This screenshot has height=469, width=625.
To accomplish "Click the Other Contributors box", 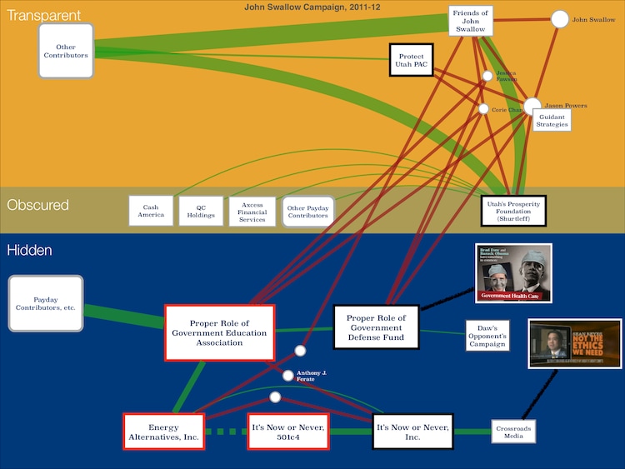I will tap(66, 51).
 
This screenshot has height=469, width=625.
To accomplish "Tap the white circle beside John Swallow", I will tap(560, 19).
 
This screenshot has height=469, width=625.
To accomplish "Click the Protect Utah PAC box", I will tap(412, 60).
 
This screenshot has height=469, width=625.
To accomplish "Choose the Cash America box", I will tap(151, 211).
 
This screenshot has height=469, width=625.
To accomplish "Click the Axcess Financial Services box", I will tap(252, 211).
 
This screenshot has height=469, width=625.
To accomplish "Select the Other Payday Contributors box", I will tap(307, 211).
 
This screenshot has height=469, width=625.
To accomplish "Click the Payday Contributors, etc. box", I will tap(46, 303).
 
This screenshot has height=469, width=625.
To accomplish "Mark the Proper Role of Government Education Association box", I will tap(220, 333).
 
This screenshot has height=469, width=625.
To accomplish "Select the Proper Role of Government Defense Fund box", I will tap(376, 327).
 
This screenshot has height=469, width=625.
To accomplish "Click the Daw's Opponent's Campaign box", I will tap(487, 334).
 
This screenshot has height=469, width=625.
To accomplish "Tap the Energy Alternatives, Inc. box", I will tap(164, 432).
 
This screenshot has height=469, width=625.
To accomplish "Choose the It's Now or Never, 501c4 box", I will tap(287, 432).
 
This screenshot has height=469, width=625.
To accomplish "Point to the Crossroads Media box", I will tap(512, 431).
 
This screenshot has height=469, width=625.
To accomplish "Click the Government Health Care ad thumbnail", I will tap(513, 272).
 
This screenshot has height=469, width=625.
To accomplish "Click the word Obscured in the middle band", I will tap(38, 205).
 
